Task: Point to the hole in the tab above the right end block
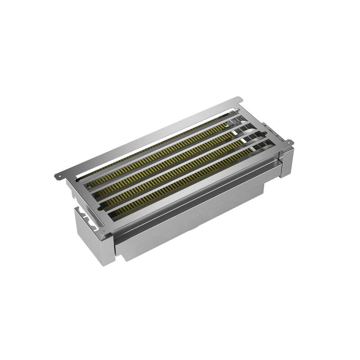(290, 143)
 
